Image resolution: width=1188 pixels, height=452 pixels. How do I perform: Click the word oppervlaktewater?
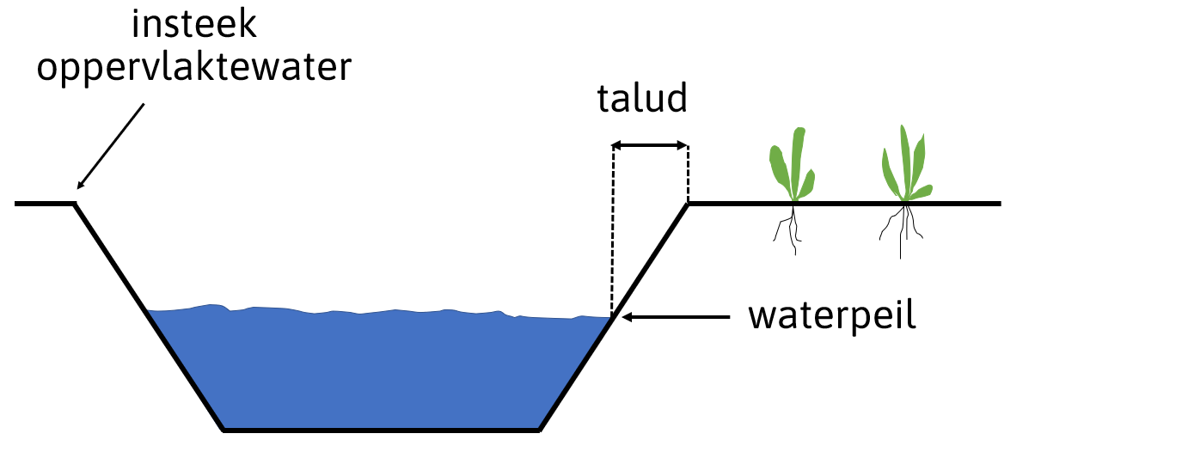(x=193, y=67)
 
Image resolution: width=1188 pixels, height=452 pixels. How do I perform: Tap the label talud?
(x=643, y=100)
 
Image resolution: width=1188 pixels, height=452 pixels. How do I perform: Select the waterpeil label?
(x=832, y=316)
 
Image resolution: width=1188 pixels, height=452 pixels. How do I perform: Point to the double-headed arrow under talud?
(x=650, y=147)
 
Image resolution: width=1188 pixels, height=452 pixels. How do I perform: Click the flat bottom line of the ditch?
(x=381, y=428)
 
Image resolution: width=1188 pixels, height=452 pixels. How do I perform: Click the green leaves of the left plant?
(x=792, y=163)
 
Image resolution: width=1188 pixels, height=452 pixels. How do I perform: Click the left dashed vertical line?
(x=612, y=232)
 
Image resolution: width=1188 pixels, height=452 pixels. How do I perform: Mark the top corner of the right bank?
(x=688, y=204)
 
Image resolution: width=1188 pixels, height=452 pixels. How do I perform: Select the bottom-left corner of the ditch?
(x=224, y=428)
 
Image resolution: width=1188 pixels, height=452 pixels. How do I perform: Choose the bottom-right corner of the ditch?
(x=539, y=428)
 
